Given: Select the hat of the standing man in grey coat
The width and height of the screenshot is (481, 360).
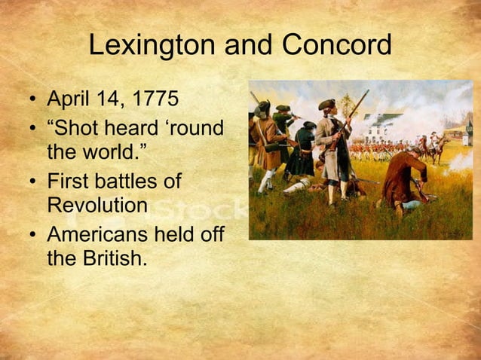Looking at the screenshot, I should click(326, 105).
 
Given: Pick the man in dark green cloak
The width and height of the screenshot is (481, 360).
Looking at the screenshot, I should click(303, 151).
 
